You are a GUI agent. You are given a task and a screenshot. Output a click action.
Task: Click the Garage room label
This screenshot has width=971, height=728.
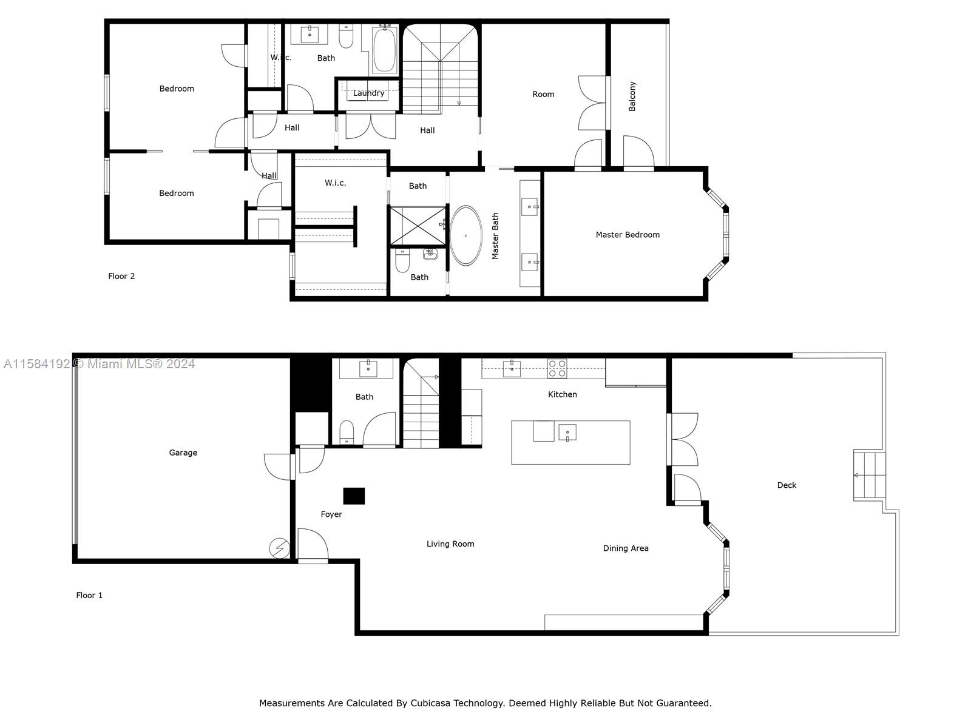click(183, 453)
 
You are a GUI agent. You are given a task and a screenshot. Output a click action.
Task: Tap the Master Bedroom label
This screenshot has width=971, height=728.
click(627, 235)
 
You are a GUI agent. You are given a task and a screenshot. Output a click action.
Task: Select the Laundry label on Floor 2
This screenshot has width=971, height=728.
click(368, 93)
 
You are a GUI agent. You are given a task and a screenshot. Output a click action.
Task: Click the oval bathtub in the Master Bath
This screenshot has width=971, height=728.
click(465, 235)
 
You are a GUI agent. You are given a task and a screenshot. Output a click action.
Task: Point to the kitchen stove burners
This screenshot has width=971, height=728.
click(557, 368)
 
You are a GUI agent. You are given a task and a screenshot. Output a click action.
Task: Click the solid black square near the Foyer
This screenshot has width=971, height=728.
click(354, 496)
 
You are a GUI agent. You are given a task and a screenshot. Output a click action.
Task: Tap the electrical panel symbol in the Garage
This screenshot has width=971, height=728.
click(279, 548)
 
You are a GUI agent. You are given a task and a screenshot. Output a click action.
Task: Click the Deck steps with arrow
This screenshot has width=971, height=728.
click(868, 475)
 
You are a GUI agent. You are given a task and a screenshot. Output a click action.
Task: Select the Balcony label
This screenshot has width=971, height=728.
click(632, 96)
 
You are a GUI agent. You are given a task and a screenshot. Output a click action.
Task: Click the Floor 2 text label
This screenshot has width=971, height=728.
click(121, 276)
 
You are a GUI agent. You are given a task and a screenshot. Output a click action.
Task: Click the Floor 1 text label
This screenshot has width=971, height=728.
click(89, 595)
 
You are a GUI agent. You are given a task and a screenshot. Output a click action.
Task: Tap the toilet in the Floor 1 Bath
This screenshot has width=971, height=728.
click(347, 432)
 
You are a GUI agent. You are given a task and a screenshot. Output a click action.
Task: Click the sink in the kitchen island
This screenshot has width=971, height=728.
click(567, 433)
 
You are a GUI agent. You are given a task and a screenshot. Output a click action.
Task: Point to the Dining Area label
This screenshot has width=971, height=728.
click(625, 548)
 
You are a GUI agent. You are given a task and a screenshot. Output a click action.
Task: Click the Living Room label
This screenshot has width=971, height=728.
click(450, 544)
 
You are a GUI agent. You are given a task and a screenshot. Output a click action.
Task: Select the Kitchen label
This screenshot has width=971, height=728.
click(562, 394)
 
